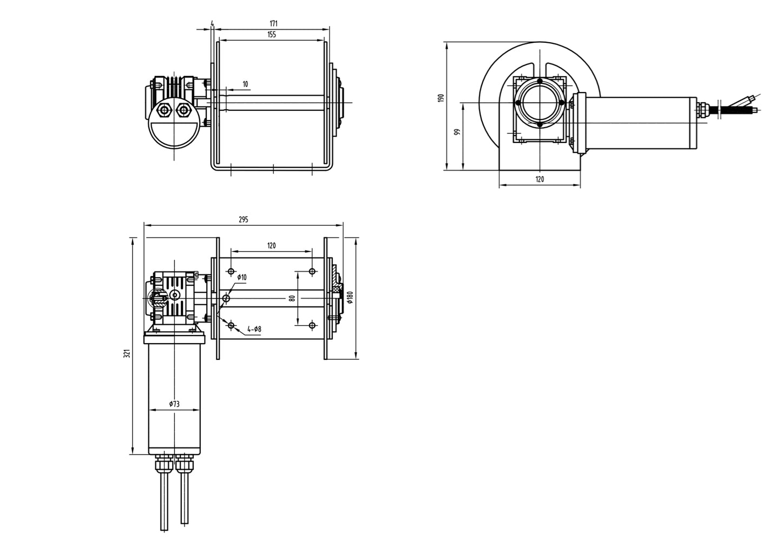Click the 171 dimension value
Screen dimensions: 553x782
click(x=274, y=23)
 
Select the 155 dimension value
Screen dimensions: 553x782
click(x=272, y=35)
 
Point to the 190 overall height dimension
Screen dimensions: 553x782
click(x=441, y=98)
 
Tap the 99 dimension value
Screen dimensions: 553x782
click(x=457, y=132)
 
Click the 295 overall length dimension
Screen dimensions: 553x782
click(x=243, y=219)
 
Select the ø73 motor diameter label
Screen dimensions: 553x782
click(x=174, y=404)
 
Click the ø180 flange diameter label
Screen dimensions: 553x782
click(x=350, y=298)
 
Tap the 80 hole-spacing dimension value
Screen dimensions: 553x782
click(x=292, y=298)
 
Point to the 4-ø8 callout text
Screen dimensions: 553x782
click(x=254, y=329)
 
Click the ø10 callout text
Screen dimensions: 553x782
click(x=241, y=277)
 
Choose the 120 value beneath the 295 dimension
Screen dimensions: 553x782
click(x=271, y=246)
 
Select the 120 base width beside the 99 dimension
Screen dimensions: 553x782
click(x=540, y=179)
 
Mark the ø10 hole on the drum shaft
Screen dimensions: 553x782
click(x=226, y=298)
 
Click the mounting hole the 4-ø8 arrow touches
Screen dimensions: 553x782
click(x=231, y=325)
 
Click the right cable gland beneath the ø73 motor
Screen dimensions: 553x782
click(x=185, y=464)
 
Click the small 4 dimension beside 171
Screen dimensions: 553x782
click(x=213, y=24)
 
